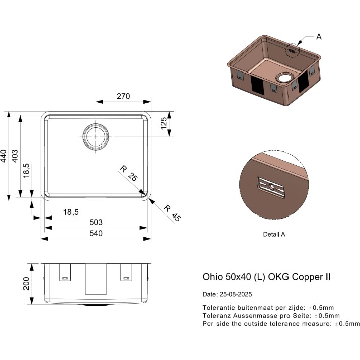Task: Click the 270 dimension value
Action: coord(123,96)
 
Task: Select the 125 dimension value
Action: coord(164,123)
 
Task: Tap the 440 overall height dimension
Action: coord(3,156)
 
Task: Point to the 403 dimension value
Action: coord(15,156)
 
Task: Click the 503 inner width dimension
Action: coord(96,222)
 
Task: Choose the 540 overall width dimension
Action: coord(96,233)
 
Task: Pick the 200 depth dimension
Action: coord(26,284)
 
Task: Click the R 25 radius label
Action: coord(129,173)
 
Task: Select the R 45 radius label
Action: coord(172,213)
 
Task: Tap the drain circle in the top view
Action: coord(96,124)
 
